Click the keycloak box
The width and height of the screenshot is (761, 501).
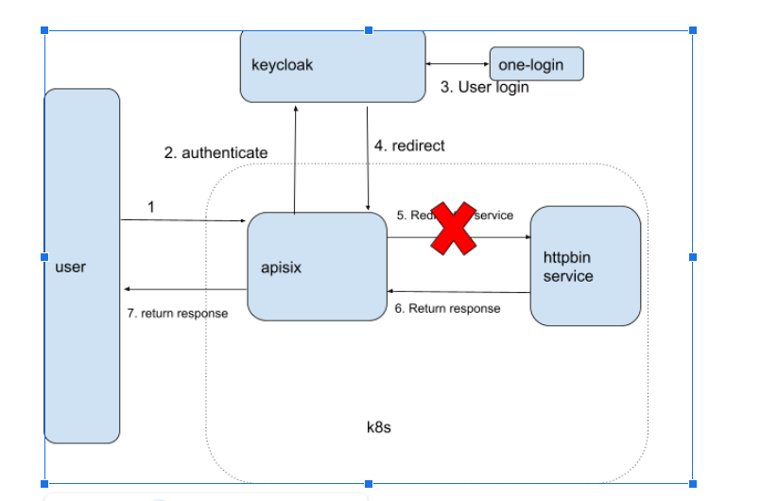coord(333,65)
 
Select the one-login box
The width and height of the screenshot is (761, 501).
coord(536,64)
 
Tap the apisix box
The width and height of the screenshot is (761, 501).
coord(317,267)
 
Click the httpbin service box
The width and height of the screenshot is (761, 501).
coord(585,266)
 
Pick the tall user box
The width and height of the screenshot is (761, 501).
coord(82,267)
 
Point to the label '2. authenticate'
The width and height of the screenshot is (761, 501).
coord(216,152)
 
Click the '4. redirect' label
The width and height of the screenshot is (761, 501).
coord(409,146)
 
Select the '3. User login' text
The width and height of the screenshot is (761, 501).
coord(485,87)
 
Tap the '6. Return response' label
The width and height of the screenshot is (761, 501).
coord(447,308)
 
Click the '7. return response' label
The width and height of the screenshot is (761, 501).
coord(177,313)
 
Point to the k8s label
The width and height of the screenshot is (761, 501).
coord(379,427)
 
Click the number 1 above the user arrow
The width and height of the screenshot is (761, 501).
coord(151,205)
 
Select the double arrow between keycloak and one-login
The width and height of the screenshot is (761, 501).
coord(458,64)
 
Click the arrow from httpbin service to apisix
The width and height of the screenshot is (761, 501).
coord(458,291)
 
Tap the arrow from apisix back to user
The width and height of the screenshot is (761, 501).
coord(184,289)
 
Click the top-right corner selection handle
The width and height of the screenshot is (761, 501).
coord(693,30)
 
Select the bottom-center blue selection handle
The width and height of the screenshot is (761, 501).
coord(369,483)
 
